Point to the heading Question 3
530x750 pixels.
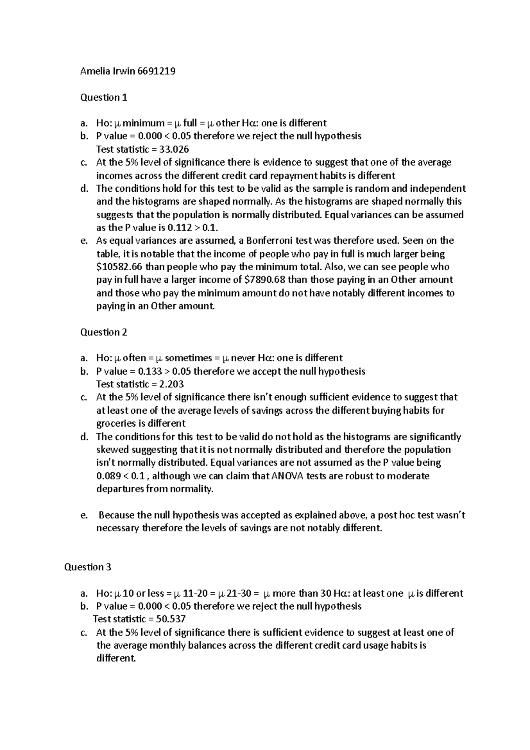click(87, 567)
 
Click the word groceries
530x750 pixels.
click(116, 424)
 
